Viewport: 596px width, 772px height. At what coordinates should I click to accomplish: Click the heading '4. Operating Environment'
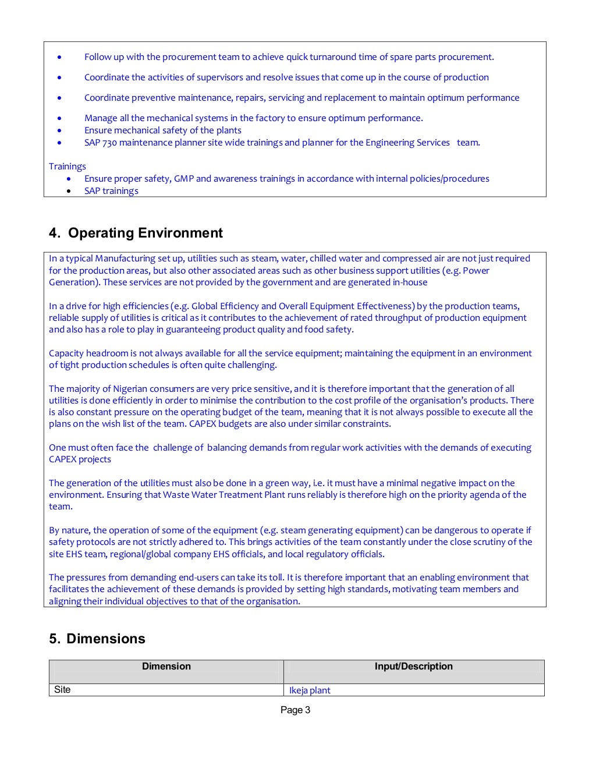(136, 233)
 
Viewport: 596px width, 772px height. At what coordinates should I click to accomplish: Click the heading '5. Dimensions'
(97, 639)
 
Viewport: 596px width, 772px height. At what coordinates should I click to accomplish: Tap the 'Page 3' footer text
(295, 710)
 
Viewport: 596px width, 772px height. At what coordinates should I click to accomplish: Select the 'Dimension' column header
(166, 667)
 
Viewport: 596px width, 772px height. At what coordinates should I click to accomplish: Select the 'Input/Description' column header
(413, 667)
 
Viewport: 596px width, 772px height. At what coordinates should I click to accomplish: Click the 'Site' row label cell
(62, 690)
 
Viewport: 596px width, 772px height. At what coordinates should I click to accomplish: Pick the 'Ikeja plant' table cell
(310, 690)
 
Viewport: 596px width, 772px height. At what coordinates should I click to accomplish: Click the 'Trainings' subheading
(67, 167)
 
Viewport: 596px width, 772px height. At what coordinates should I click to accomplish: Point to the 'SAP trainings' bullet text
(111, 191)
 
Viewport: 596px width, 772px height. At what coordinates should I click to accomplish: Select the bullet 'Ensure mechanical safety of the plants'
(162, 130)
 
